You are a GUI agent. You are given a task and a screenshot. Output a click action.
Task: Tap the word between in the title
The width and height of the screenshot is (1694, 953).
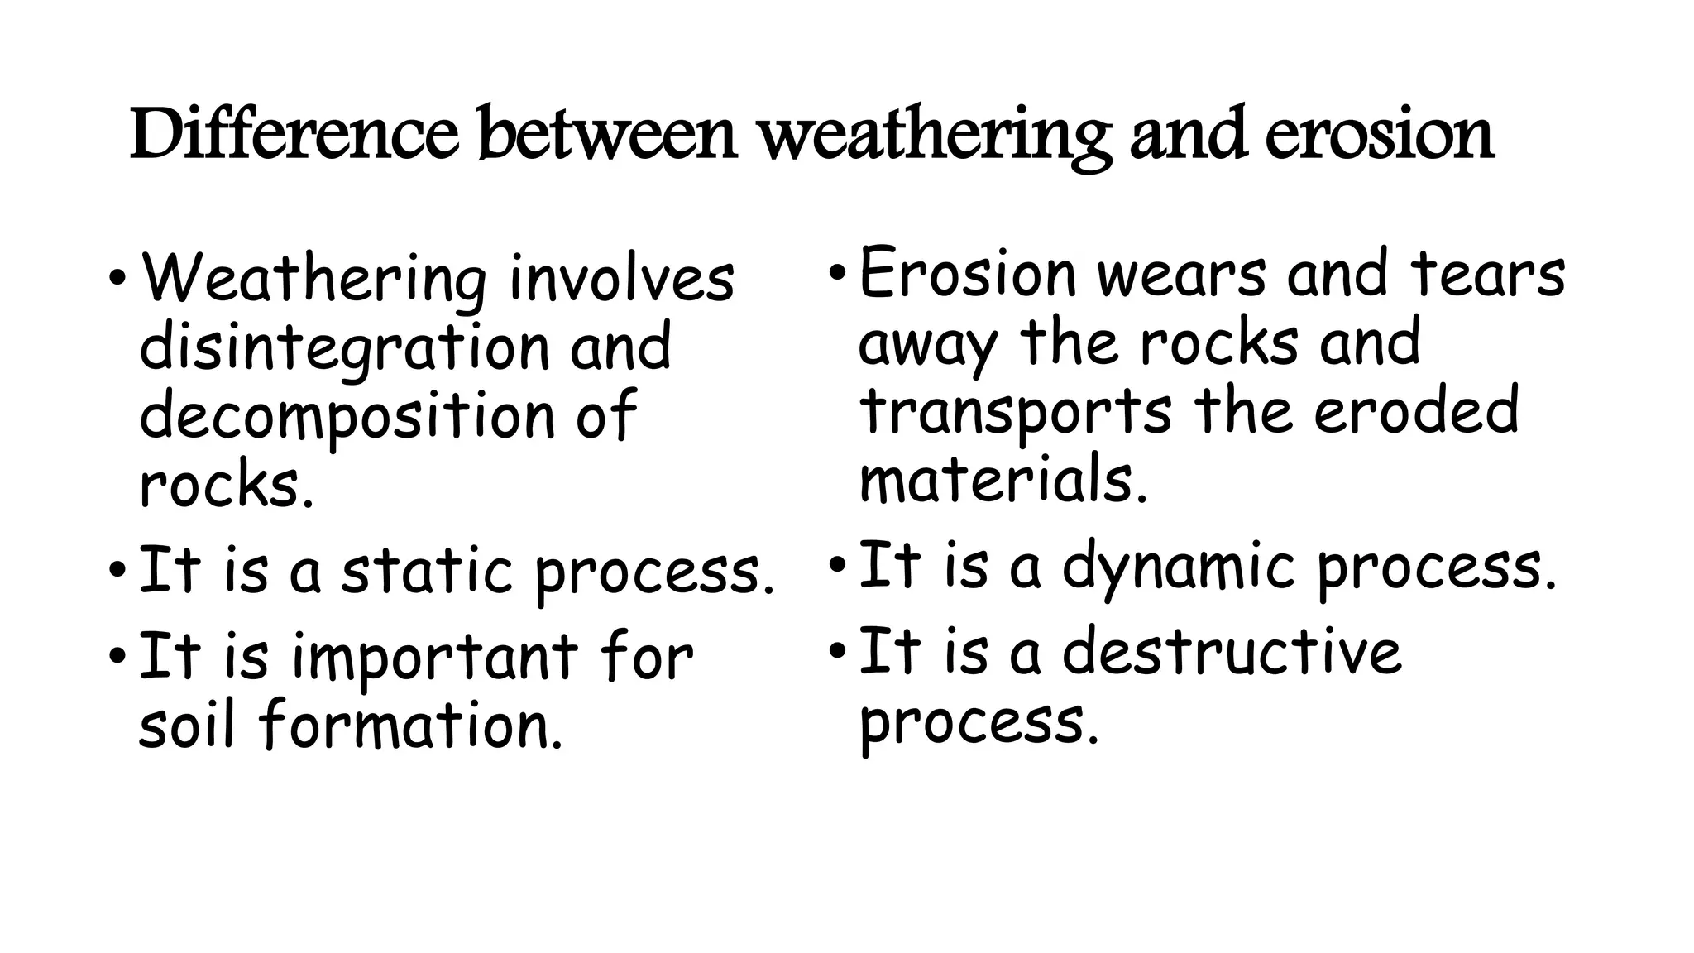(x=608, y=134)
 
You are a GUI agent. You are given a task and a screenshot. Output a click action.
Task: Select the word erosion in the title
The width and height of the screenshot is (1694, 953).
(x=1379, y=134)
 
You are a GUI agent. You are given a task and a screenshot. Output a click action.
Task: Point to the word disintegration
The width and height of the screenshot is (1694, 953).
(x=344, y=347)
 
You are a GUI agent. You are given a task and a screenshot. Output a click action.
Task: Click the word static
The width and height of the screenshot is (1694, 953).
(x=427, y=571)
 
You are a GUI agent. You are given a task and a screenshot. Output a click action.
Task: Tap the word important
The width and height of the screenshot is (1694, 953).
(x=435, y=658)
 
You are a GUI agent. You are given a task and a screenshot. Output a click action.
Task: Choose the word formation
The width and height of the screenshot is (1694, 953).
(x=410, y=725)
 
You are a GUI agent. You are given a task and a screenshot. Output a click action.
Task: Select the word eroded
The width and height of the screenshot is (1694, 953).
(x=1416, y=411)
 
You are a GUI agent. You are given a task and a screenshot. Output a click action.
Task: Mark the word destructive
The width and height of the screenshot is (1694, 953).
(x=1232, y=652)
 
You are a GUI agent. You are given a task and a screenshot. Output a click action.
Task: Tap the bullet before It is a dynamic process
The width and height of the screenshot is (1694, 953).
(x=837, y=566)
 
